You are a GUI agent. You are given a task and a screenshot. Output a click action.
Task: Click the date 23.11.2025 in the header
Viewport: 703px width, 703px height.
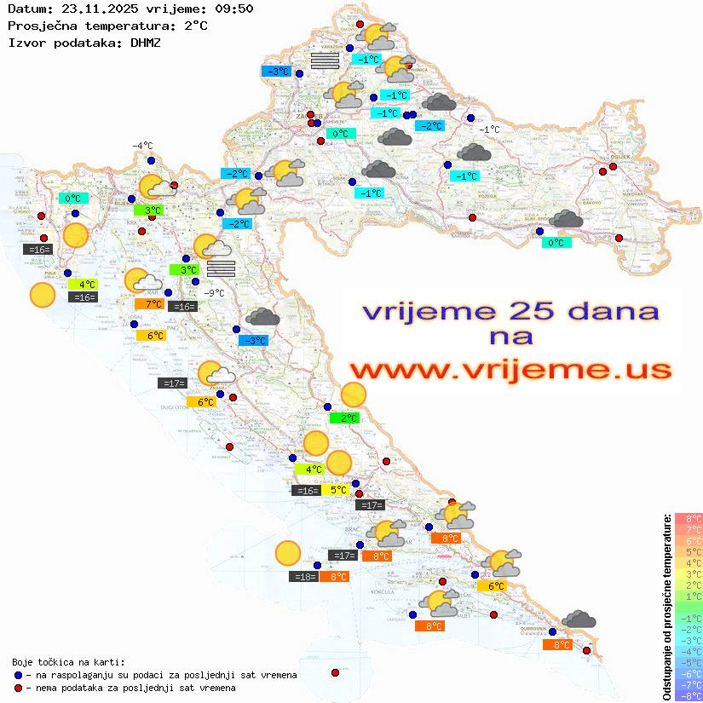point(90,9)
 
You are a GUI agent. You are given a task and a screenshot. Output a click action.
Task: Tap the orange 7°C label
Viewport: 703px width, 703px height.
point(149,304)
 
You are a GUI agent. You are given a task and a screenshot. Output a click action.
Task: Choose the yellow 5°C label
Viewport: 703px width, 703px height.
point(337,490)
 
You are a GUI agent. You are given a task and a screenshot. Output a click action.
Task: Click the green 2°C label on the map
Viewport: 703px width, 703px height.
point(344,418)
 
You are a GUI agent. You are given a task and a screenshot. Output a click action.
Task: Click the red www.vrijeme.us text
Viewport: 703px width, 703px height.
point(510,370)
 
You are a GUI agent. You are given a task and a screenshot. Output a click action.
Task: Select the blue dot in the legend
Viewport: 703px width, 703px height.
point(19,675)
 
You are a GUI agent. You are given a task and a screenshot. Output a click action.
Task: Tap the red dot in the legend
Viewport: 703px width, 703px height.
point(19,688)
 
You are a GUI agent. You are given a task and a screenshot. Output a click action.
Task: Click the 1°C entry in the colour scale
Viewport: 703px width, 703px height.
point(689,596)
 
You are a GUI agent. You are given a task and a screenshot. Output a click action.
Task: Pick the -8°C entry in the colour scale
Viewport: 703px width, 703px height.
point(689,695)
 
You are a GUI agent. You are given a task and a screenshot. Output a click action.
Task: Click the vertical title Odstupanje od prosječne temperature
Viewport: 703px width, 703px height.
point(666,607)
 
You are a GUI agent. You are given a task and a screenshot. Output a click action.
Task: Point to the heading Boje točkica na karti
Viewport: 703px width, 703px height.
point(68,661)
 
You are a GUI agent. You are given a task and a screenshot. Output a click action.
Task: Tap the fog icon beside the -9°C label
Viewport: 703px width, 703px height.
point(221,268)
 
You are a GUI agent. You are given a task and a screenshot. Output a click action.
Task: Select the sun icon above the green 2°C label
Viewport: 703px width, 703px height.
point(353,395)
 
